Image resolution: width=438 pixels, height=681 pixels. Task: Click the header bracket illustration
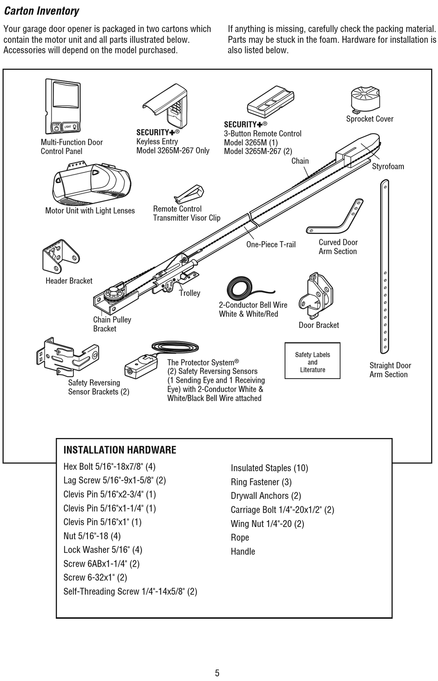click(x=60, y=256)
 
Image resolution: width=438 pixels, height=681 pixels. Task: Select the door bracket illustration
click(x=316, y=295)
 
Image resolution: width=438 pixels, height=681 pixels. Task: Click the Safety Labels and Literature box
click(x=312, y=361)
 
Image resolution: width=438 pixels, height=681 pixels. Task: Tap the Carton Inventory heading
click(x=41, y=11)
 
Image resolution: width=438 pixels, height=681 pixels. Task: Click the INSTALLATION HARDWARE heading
click(x=119, y=450)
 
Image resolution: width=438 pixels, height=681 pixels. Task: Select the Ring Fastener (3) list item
click(x=261, y=482)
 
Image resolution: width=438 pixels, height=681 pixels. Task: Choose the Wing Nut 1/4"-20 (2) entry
click(x=267, y=524)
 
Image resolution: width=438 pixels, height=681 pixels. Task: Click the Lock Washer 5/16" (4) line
click(x=103, y=550)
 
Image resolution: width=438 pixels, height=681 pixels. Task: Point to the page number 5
click(x=217, y=673)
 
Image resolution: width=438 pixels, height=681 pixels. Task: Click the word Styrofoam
click(x=388, y=166)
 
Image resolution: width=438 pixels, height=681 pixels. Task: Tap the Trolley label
click(x=189, y=293)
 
